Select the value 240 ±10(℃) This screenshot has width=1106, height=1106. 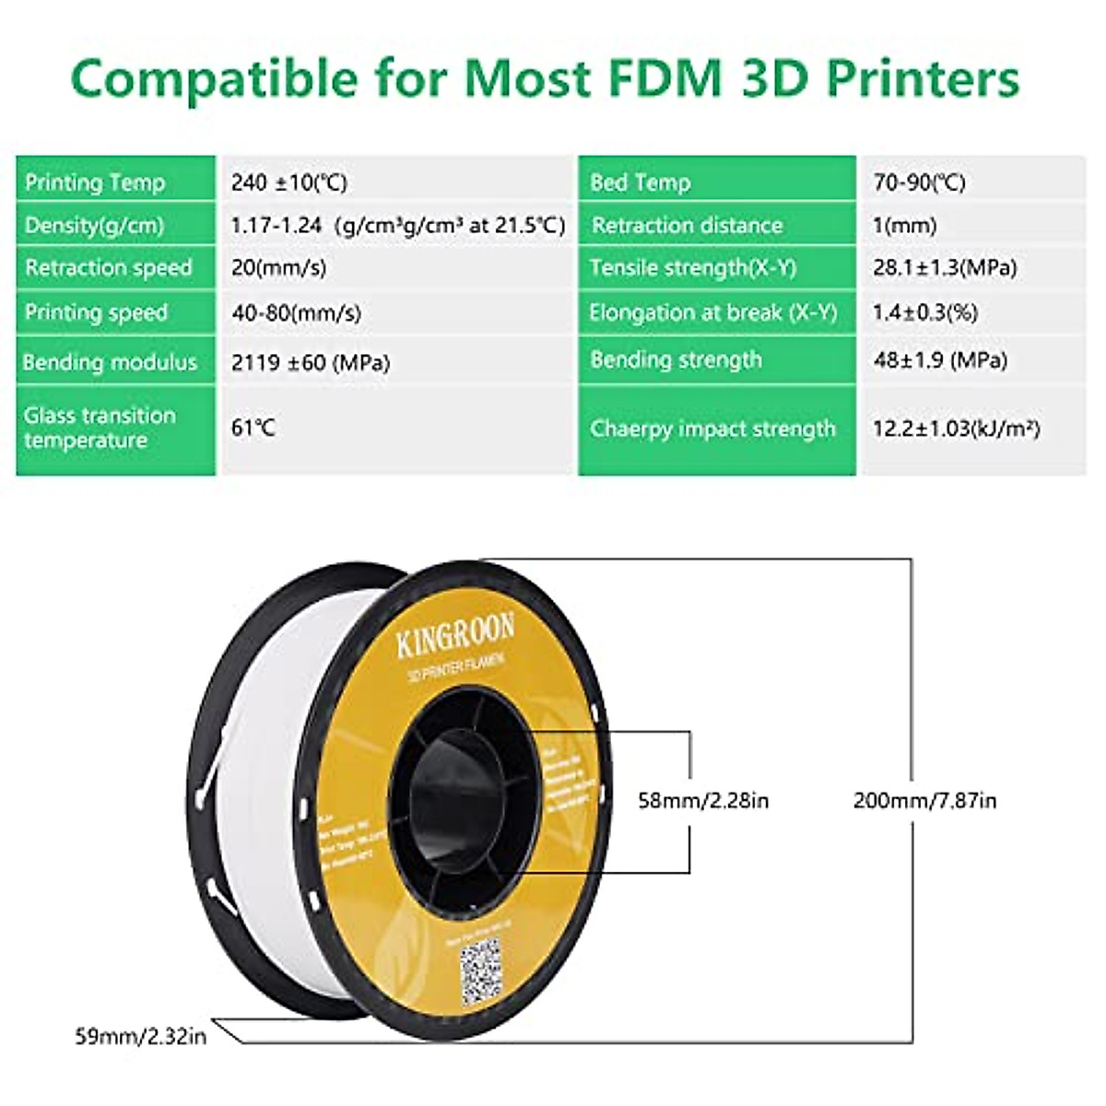tap(289, 182)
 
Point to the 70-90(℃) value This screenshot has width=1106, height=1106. tap(919, 182)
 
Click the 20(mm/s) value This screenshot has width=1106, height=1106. tap(278, 268)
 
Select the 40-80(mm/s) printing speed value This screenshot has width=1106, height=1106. tap(296, 313)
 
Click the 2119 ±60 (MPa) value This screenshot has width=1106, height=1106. tap(311, 362)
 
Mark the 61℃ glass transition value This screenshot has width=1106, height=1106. tap(253, 429)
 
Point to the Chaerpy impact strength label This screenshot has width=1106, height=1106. tap(712, 429)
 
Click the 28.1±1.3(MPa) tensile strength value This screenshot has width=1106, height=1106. tap(945, 268)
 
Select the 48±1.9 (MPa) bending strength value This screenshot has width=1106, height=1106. tap(940, 359)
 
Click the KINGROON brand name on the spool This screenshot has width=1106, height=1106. tap(455, 636)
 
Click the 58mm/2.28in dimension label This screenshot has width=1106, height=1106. tap(703, 800)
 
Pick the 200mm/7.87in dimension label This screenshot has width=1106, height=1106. tap(924, 800)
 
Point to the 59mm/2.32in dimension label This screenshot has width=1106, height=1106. tap(140, 1037)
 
